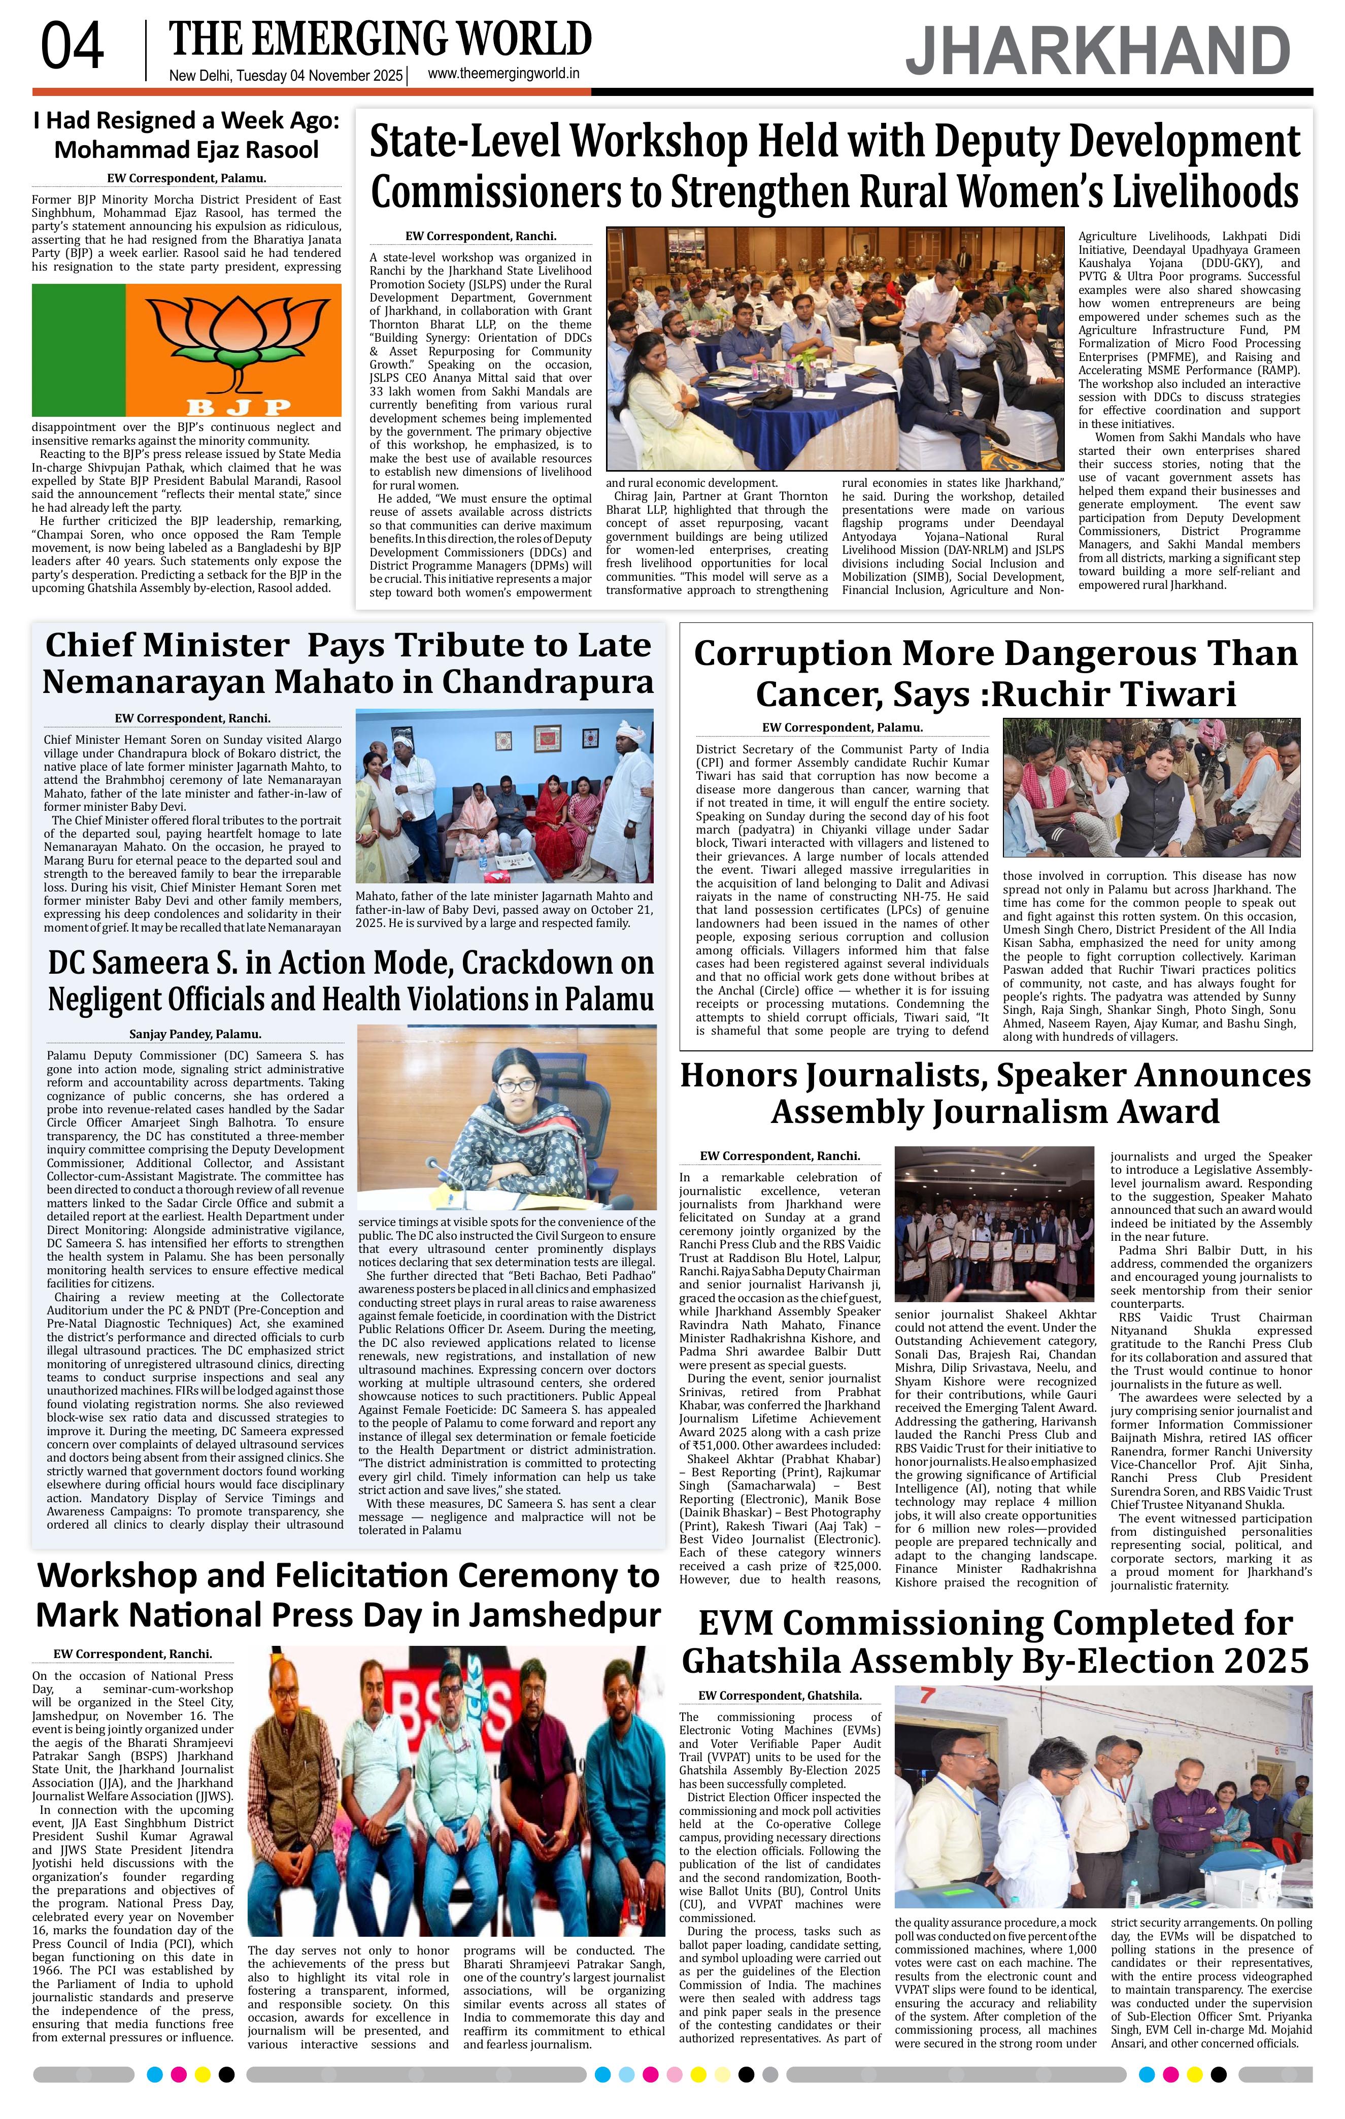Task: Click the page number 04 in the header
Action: click(72, 48)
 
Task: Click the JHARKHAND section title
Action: click(1098, 51)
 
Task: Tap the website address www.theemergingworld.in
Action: click(503, 75)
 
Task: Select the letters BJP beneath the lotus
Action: click(239, 406)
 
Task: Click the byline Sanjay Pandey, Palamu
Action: click(195, 1034)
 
